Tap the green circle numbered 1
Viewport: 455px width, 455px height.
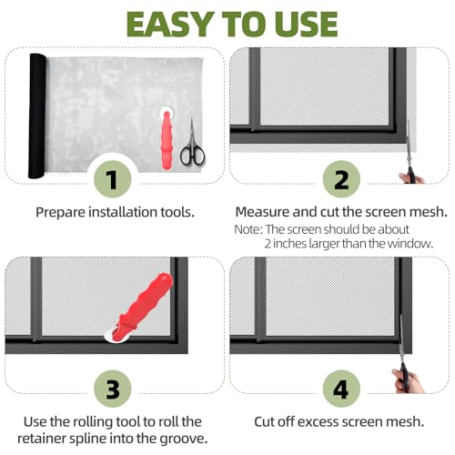(x=113, y=179)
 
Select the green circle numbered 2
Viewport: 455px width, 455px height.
(x=341, y=179)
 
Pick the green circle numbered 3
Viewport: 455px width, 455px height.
(x=113, y=389)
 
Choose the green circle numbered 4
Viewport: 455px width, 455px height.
(x=341, y=389)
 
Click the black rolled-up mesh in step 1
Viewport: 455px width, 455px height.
(x=37, y=116)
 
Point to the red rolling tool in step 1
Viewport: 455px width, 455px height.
(x=167, y=138)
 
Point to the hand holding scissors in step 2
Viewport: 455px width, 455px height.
(x=411, y=177)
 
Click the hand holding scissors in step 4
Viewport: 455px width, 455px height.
(x=408, y=381)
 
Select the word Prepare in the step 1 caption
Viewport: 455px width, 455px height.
(x=60, y=212)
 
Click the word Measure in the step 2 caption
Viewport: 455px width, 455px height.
(x=262, y=212)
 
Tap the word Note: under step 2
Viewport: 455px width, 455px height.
(x=248, y=229)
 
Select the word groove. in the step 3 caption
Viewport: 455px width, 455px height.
(x=184, y=439)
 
